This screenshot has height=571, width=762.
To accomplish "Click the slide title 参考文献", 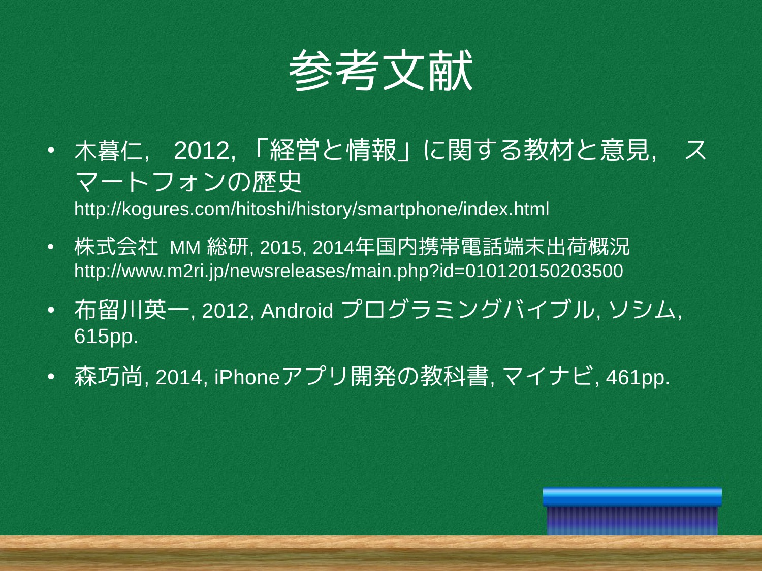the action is [380, 71].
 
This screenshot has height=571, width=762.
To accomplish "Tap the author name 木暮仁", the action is [109, 151].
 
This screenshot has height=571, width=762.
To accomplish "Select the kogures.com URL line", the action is [311, 209].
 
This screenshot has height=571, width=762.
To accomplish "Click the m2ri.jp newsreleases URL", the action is [348, 271].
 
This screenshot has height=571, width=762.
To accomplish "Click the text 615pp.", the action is [106, 337].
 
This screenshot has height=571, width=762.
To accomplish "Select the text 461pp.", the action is [638, 377].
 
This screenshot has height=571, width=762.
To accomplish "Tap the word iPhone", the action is [247, 377].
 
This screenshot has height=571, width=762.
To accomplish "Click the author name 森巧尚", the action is [109, 377].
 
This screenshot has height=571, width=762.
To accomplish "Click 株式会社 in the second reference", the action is [116, 247].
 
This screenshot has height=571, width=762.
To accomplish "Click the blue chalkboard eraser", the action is [632, 511].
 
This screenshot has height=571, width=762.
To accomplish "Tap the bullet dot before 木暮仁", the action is [51, 150].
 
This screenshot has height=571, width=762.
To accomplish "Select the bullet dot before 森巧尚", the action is [51, 376].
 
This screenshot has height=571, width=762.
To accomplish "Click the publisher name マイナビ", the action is [547, 377].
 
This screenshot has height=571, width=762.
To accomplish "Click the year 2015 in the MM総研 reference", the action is [280, 248].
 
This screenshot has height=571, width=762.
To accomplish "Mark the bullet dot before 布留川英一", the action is [51, 310].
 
